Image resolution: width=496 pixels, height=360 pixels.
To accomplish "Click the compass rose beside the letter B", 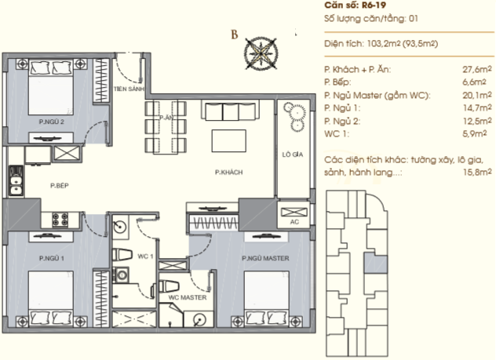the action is pos(261,53).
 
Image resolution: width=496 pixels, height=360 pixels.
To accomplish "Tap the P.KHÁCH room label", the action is pos(228,173).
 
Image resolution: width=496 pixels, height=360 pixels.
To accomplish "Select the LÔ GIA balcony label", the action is pos(293,155).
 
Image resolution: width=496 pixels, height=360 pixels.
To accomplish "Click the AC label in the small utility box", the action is pos(294,222).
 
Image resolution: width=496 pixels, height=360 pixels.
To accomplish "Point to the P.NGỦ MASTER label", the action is pos(265,258).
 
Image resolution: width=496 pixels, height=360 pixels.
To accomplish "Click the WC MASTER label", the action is pos(188,297).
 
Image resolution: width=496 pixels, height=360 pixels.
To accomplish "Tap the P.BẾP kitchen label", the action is pos(60,186).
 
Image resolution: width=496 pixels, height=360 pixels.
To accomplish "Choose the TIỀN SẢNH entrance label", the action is pos(129,89).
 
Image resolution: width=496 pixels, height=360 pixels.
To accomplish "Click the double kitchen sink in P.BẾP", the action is pos(16,180).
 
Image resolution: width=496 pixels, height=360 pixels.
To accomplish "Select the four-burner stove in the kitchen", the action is pos(60,220).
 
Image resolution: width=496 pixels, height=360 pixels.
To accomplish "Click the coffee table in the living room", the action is pos(229,141).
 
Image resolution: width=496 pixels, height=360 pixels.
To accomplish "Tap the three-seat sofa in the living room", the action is pos(230,111).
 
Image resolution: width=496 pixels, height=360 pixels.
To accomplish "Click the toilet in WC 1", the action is pos(122,255).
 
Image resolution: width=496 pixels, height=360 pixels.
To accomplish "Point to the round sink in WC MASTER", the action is pos(200,319).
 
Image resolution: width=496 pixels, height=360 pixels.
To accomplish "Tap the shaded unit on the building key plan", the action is pos(375,263).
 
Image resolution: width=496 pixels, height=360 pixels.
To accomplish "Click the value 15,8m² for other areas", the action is pos(477,173).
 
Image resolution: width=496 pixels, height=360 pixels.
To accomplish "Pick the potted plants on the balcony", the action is pos(295,116).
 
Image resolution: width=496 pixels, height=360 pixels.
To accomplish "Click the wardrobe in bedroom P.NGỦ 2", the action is pos(101,81).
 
